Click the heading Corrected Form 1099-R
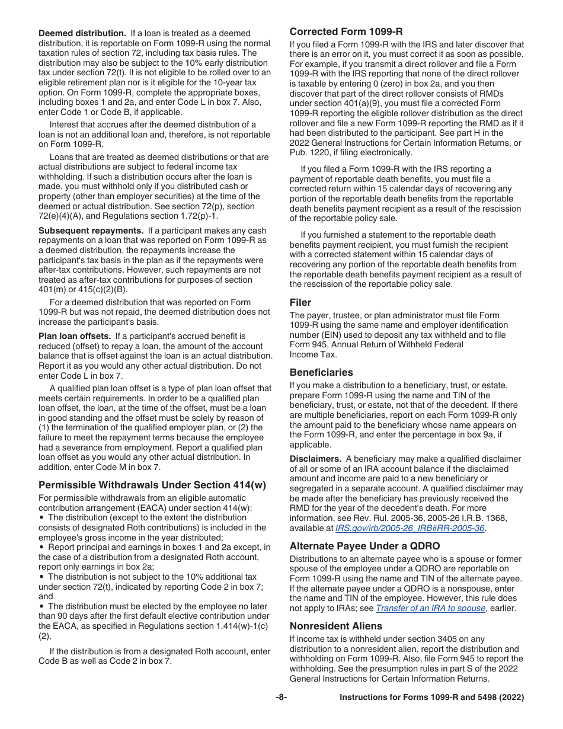[346, 31]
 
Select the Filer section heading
[300, 302]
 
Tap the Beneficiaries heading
[321, 372]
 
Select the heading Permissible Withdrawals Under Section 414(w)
[152, 485]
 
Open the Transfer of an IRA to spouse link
[430, 608]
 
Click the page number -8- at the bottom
[281, 698]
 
